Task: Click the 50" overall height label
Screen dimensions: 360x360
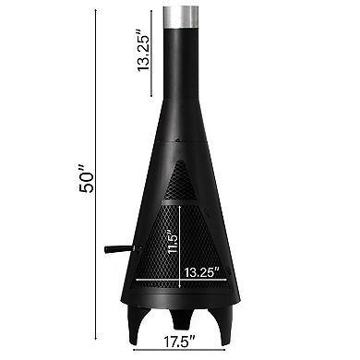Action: point(86,179)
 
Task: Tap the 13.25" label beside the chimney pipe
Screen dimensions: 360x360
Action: point(143,51)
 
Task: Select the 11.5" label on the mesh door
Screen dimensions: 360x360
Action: point(173,242)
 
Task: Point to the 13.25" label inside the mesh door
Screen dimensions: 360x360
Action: point(202,272)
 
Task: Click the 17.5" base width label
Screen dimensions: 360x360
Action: point(179,342)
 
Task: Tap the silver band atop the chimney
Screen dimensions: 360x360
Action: point(181,17)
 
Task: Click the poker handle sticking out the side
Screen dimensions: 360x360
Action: point(121,249)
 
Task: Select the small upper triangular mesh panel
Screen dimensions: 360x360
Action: point(181,181)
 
